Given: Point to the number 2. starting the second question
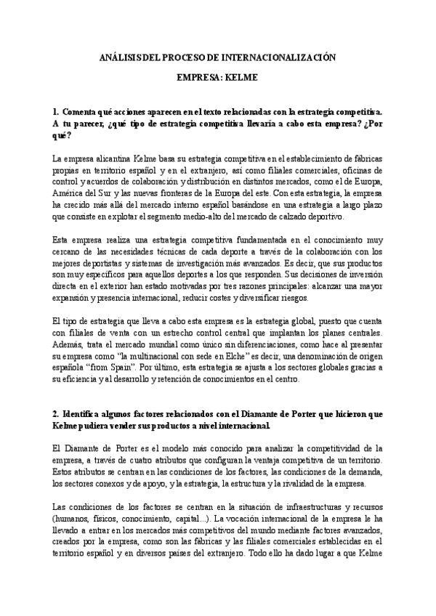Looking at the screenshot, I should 55,413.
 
